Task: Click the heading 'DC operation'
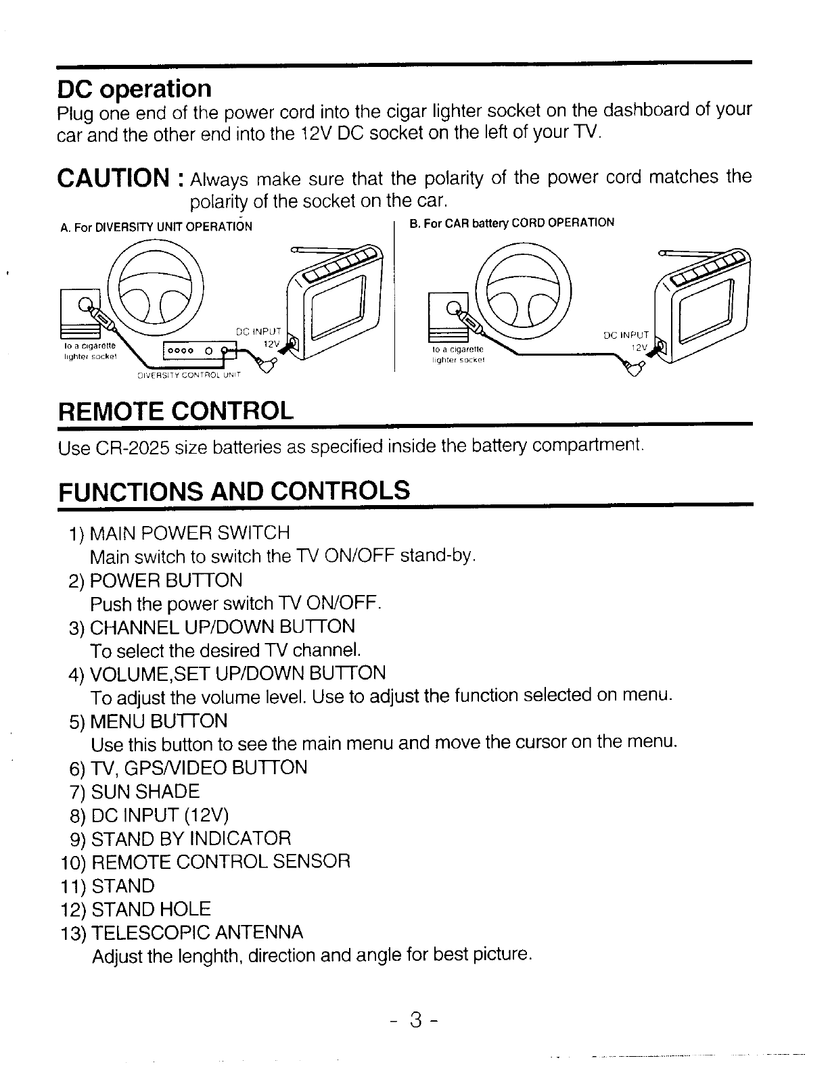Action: (135, 89)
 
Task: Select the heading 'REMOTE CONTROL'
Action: (177, 410)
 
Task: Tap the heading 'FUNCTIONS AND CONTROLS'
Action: (234, 490)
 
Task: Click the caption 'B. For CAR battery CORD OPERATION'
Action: (512, 222)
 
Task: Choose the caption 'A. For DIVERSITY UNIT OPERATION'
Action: (156, 227)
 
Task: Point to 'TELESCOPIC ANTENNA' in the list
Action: (197, 933)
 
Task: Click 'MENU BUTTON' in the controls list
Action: (158, 721)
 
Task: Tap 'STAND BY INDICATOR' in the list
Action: (191, 839)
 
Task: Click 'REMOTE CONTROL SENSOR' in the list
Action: (221, 862)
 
